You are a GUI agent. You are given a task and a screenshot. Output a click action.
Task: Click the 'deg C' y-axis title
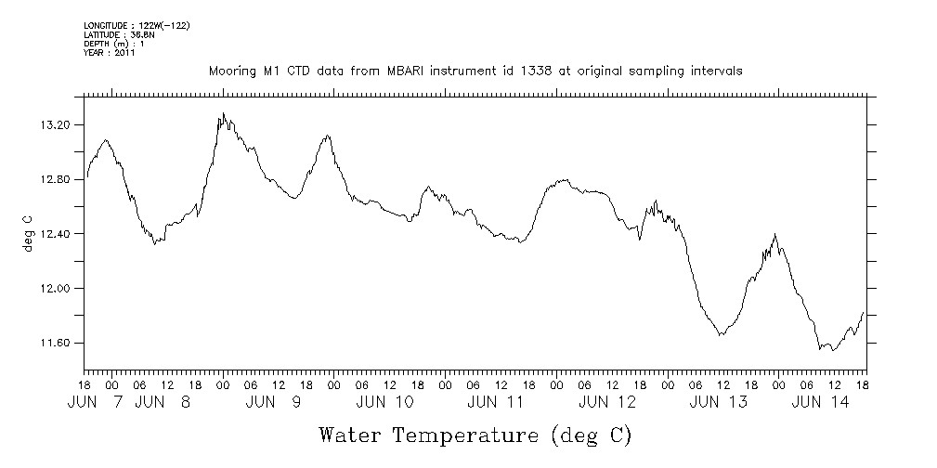(x=27, y=234)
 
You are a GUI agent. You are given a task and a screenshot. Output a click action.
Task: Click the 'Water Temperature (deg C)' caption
(x=475, y=434)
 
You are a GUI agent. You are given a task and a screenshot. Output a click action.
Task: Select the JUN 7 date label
(x=97, y=402)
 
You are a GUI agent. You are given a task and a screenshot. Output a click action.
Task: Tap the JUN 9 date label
(x=274, y=402)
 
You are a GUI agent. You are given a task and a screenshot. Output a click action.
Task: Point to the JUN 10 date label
(x=384, y=402)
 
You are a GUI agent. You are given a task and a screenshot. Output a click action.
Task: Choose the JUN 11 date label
(x=496, y=402)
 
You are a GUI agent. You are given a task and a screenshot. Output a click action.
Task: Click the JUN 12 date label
(x=607, y=402)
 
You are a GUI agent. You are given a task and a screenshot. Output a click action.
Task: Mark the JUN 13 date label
(x=719, y=402)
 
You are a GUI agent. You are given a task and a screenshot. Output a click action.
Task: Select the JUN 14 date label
(x=820, y=402)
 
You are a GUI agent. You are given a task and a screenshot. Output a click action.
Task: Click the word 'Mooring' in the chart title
(x=230, y=71)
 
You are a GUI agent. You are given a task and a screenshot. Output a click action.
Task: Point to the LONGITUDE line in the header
(x=137, y=25)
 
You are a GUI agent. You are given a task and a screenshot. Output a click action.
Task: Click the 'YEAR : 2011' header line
(x=110, y=53)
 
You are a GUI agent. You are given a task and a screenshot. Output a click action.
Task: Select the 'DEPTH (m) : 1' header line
(x=113, y=44)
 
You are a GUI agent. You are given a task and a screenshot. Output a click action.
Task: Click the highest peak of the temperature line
(x=223, y=113)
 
